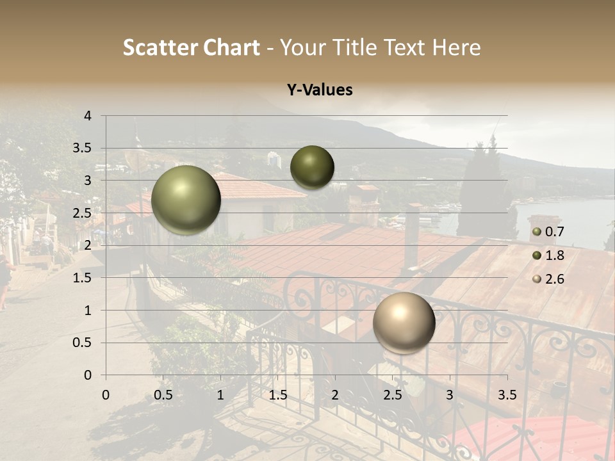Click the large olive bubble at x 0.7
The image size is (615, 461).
click(x=186, y=200)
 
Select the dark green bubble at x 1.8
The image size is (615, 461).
click(x=312, y=167)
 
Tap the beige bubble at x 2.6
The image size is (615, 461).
click(x=404, y=323)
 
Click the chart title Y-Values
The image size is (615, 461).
click(x=320, y=90)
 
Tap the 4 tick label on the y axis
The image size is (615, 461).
click(x=88, y=116)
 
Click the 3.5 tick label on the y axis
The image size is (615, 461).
click(x=83, y=149)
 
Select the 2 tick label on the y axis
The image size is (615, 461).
click(x=88, y=245)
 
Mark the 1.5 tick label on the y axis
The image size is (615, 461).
click(x=83, y=278)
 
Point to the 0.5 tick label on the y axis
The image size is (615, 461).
click(x=83, y=343)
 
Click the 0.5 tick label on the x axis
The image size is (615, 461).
click(x=163, y=395)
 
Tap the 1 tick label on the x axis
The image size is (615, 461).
click(x=220, y=395)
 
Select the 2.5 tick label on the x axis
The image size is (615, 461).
click(x=393, y=395)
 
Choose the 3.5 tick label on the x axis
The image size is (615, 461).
click(x=507, y=395)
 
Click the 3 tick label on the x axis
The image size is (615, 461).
click(x=450, y=395)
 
